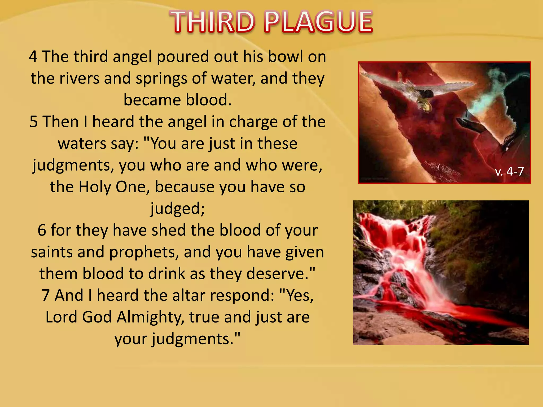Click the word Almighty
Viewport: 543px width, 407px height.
[150, 318]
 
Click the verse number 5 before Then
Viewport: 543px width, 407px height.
[34, 122]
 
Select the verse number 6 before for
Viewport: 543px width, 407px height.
[42, 230]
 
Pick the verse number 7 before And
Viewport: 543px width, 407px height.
[46, 295]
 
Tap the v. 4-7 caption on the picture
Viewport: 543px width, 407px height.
[509, 171]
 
